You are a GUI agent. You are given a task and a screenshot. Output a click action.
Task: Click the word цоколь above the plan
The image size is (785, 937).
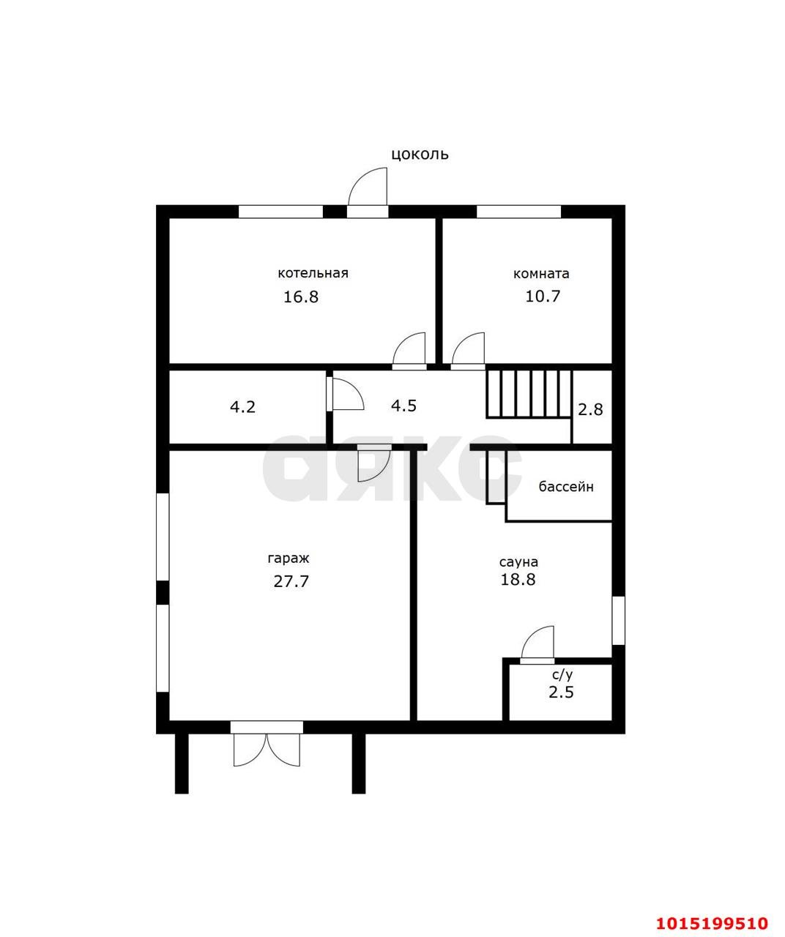point(420,154)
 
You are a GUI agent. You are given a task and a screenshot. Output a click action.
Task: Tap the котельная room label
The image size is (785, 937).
point(313,273)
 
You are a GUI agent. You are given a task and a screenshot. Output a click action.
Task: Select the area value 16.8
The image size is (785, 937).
point(301,297)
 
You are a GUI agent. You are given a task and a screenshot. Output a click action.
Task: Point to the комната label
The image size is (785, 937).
point(541,274)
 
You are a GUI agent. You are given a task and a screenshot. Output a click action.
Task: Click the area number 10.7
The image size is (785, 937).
point(543,296)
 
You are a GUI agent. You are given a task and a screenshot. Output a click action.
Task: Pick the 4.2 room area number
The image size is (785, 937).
point(242,407)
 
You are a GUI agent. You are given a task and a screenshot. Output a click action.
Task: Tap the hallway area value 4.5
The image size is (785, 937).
point(403,406)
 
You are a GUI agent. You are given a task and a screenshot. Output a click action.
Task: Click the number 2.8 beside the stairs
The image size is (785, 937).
point(589,409)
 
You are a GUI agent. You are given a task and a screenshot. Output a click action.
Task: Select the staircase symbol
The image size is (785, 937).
point(529,394)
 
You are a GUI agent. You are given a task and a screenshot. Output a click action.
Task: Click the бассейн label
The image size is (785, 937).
point(566,487)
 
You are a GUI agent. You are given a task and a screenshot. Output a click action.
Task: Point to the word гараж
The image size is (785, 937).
point(289,559)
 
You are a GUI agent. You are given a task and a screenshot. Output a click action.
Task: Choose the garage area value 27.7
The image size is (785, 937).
point(291,581)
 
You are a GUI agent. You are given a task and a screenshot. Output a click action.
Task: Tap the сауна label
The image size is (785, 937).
point(518,562)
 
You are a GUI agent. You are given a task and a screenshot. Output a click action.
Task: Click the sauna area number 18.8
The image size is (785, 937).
point(518,579)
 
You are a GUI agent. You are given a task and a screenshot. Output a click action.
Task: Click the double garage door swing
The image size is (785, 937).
point(267,750)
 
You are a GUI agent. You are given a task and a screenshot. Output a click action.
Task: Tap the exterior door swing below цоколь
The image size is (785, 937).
point(368,186)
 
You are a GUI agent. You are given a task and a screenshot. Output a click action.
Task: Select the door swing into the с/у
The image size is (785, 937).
point(537,642)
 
